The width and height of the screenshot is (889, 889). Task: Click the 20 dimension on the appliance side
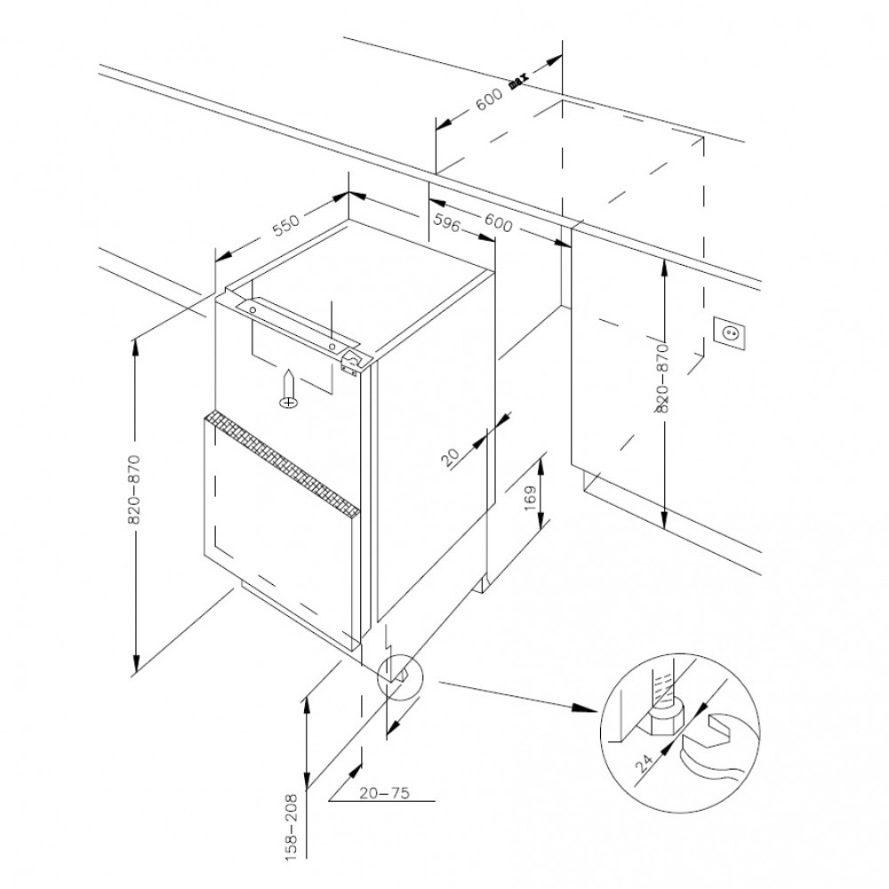[452, 457]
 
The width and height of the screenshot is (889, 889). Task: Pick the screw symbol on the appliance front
[290, 391]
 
